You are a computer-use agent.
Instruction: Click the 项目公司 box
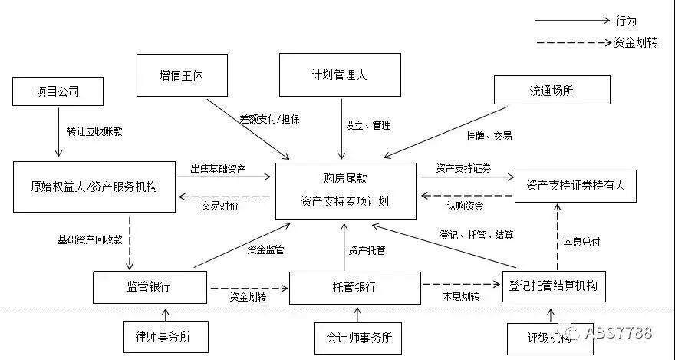[58, 92]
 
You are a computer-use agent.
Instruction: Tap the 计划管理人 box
[340, 74]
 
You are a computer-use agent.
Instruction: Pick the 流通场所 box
[552, 90]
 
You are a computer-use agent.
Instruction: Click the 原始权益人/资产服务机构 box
[94, 186]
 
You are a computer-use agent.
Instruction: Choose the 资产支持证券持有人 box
[575, 185]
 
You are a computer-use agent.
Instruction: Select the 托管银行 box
[355, 287]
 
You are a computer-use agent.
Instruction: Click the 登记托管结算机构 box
[553, 286]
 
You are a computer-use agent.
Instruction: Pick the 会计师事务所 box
[358, 337]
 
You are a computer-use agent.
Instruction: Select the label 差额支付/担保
[268, 119]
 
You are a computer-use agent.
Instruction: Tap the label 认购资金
[465, 205]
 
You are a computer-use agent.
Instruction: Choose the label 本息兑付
[581, 241]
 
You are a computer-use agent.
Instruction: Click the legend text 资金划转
[636, 42]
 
